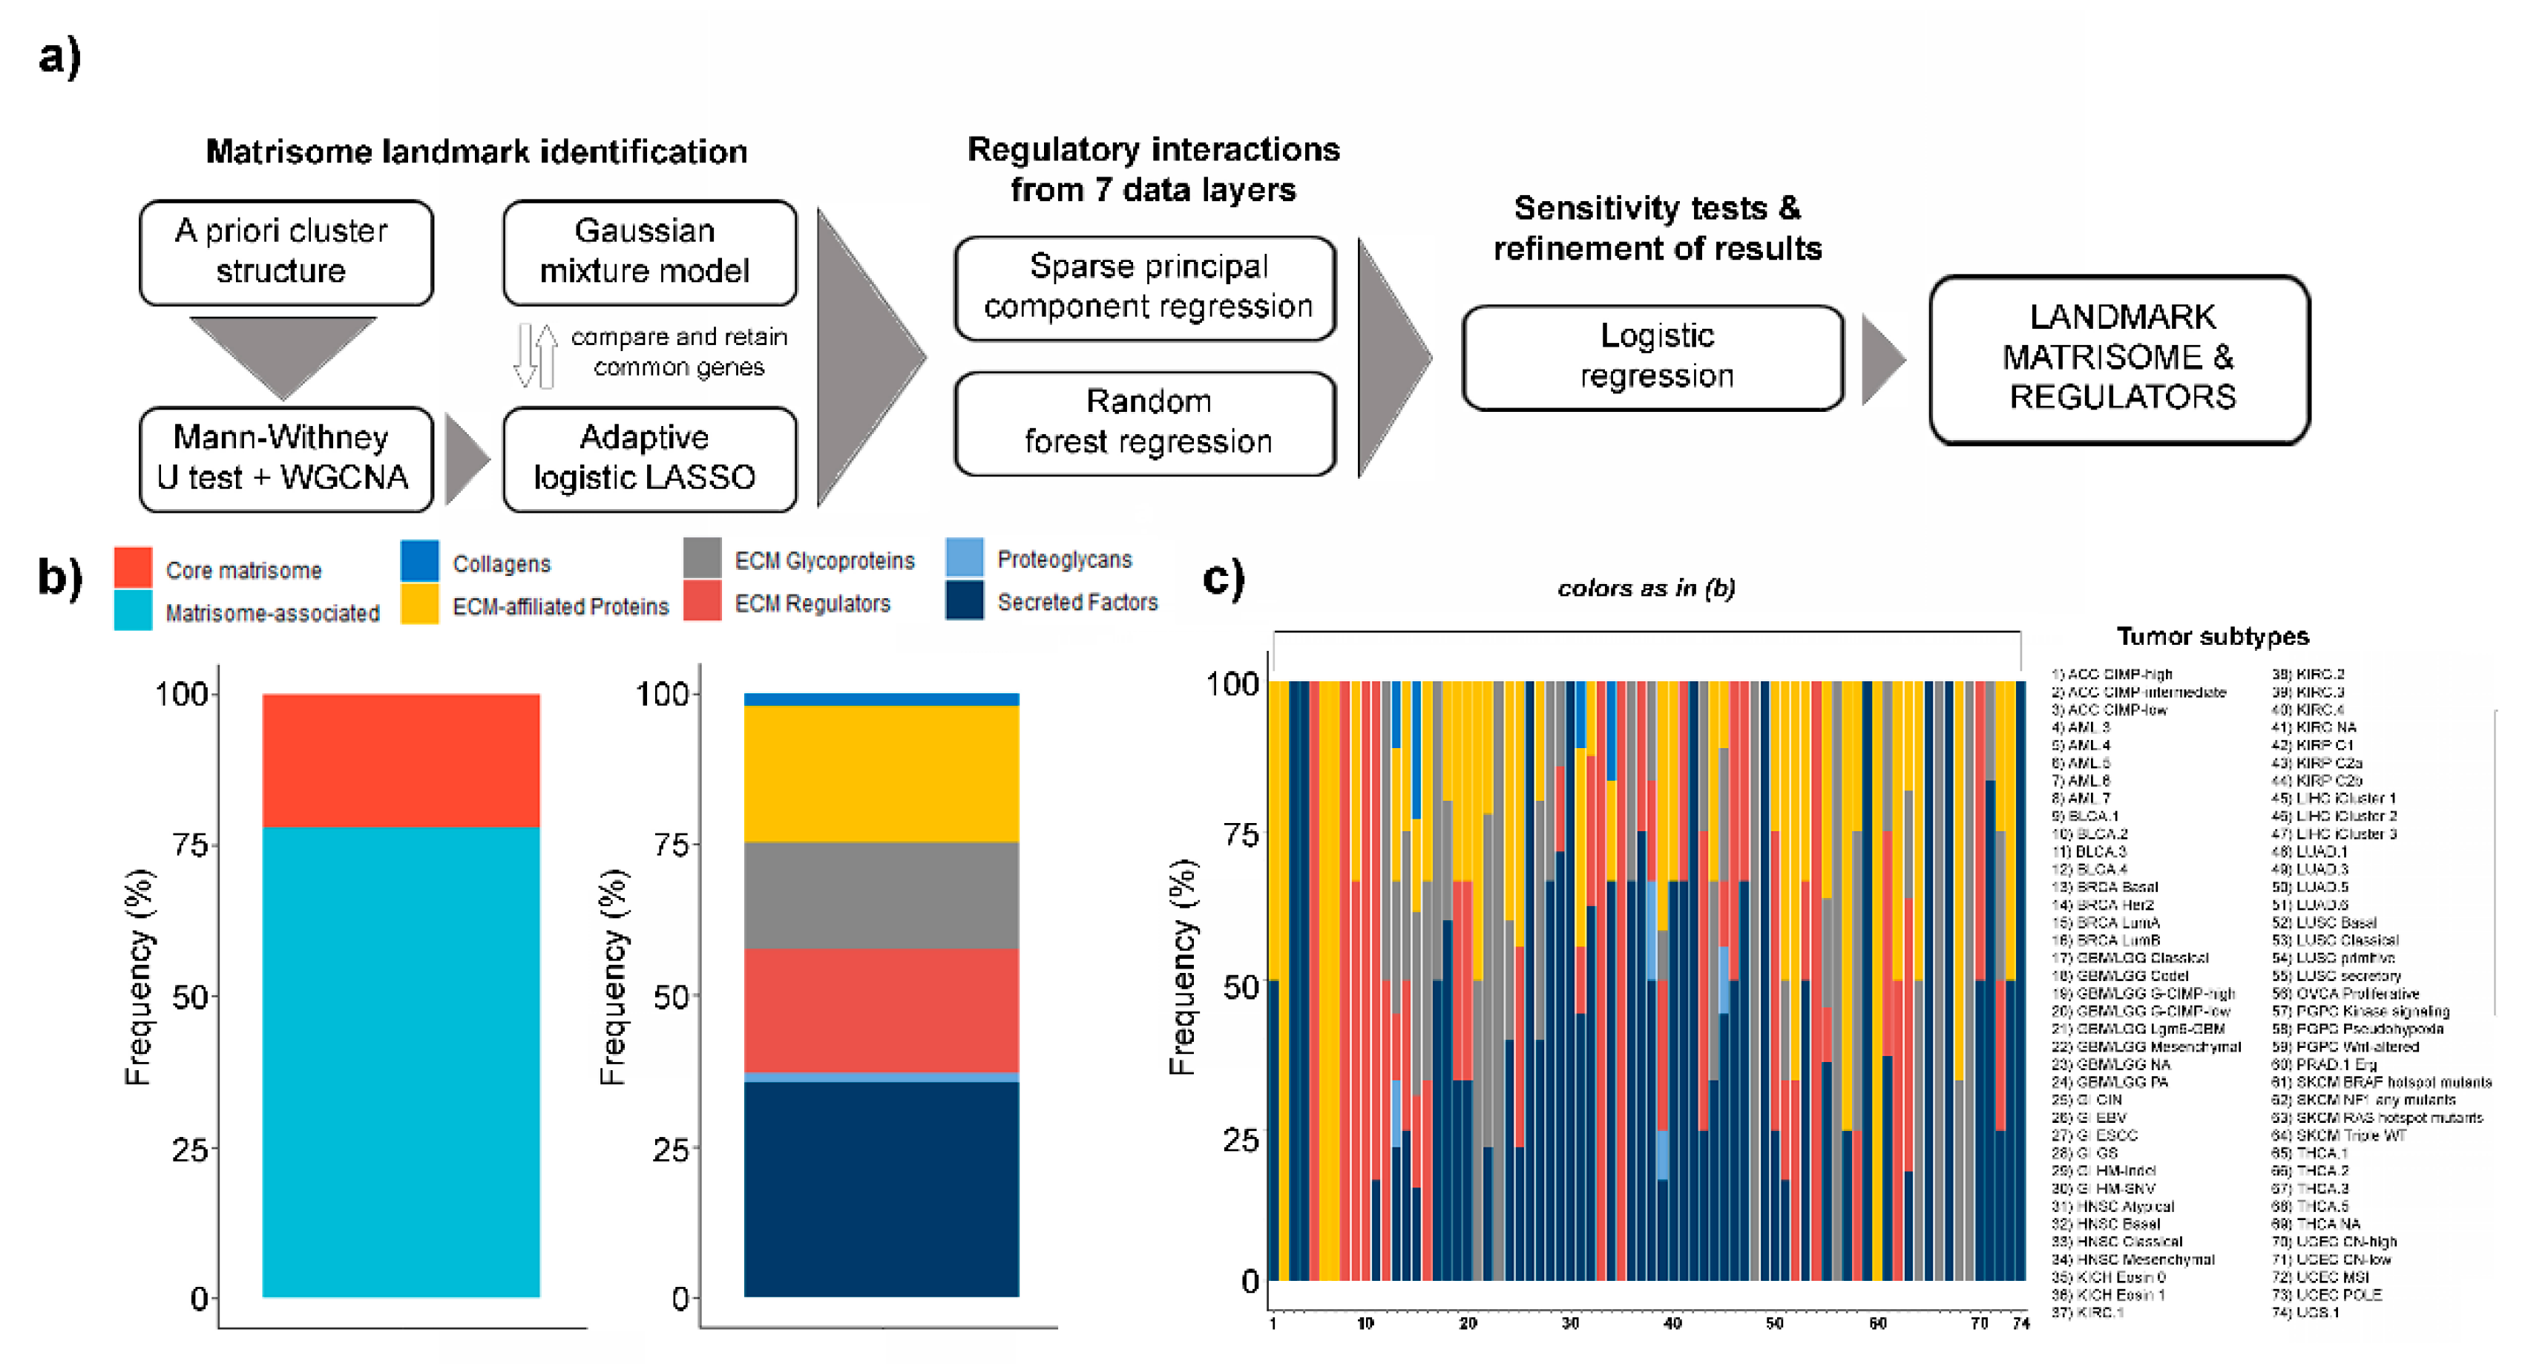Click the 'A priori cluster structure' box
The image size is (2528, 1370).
point(286,252)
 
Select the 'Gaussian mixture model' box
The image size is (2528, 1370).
point(649,252)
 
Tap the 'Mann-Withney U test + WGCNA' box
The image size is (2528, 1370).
point(286,459)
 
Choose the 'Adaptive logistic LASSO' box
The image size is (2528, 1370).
point(649,459)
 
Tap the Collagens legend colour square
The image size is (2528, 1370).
point(419,560)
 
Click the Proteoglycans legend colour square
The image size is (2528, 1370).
point(964,557)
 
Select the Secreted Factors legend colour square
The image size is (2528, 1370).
point(964,600)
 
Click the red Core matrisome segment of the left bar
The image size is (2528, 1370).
point(401,761)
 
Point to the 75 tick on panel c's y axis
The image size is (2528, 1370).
point(1241,834)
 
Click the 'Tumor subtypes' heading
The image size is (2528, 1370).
point(2211,636)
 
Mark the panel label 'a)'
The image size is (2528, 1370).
point(59,56)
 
